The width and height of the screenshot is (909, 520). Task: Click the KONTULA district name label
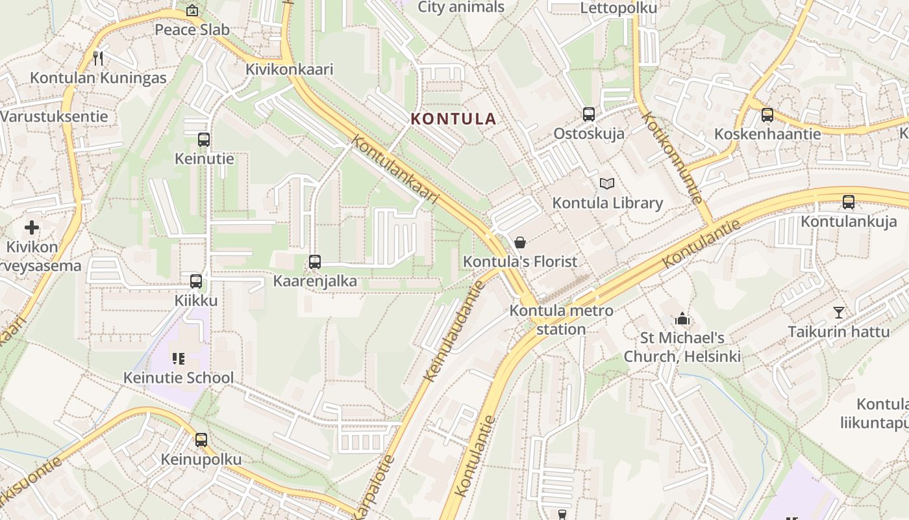(x=454, y=119)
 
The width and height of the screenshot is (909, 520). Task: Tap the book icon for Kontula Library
(x=606, y=184)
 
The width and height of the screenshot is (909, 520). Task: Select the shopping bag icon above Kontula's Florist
(x=520, y=242)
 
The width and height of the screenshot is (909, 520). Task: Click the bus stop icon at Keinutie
(x=204, y=139)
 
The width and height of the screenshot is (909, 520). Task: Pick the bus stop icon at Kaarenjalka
(x=315, y=262)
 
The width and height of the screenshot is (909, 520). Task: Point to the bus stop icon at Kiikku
(x=196, y=281)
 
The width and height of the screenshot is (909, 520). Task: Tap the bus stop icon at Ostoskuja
(x=589, y=114)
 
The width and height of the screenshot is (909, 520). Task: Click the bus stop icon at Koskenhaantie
(x=767, y=115)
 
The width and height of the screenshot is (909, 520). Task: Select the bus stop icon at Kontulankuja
(x=848, y=202)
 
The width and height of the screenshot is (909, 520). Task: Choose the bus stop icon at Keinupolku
(x=201, y=440)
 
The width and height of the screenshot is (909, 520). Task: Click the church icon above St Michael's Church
(x=682, y=318)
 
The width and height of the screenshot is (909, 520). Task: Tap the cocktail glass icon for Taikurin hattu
(x=839, y=313)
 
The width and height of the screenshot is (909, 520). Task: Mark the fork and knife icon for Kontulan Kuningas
(x=98, y=58)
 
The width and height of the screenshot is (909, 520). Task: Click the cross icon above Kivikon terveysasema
(x=32, y=227)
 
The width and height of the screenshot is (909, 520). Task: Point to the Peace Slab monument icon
(x=192, y=10)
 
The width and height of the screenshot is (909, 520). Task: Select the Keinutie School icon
(x=179, y=358)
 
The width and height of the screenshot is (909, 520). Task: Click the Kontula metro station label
(x=561, y=320)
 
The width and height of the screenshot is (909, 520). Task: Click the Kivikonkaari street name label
(x=289, y=70)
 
